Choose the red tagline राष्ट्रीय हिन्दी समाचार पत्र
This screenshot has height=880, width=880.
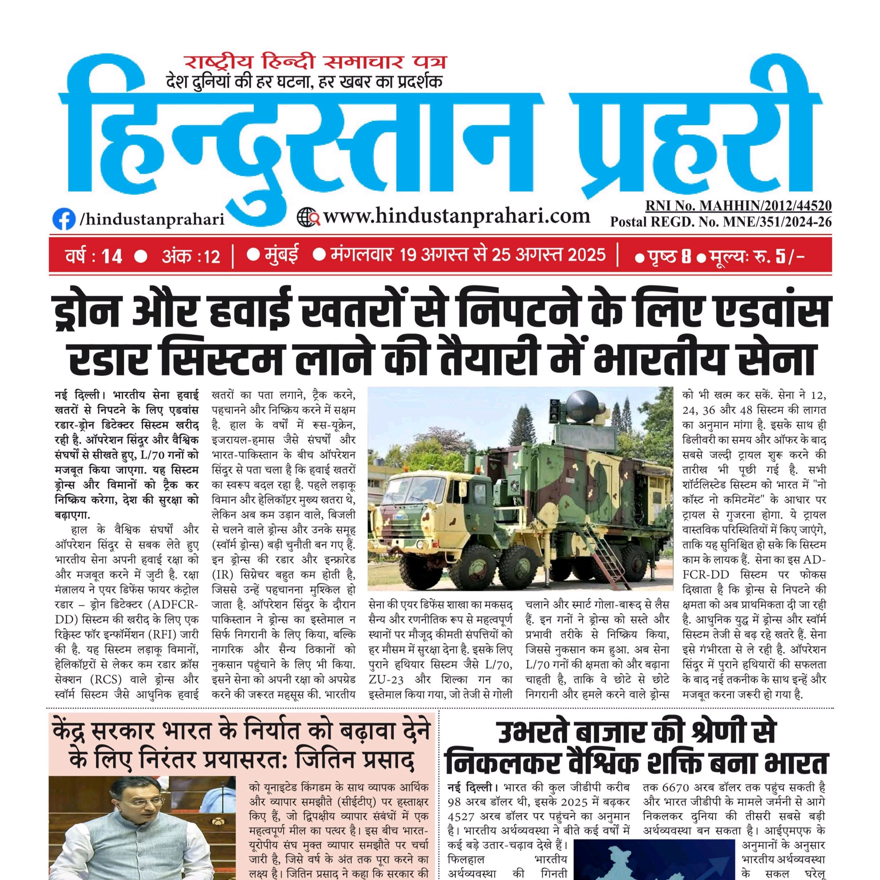(315, 62)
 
